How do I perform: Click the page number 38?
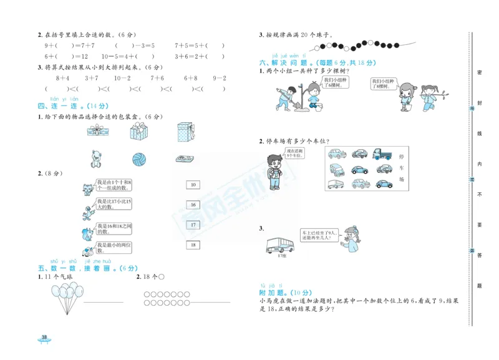point(44,338)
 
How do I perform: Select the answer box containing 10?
point(193,185)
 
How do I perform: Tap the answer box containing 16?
point(193,205)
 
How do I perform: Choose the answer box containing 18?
point(193,245)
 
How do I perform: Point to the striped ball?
point(140,159)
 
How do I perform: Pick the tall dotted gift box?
point(185,132)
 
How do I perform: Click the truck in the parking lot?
point(381,153)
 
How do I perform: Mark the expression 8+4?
point(62,78)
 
